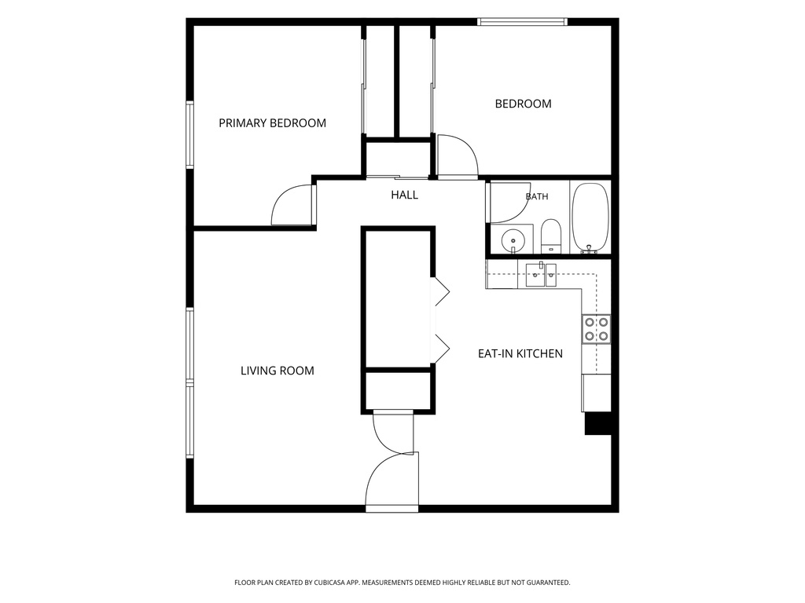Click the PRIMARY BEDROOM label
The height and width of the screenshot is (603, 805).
coord(272,123)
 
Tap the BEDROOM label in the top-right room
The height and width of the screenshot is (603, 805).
coord(523,104)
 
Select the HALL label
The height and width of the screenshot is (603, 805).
coord(405,195)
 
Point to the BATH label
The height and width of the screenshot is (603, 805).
coord(537,196)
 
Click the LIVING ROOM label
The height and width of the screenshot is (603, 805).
coord(278,371)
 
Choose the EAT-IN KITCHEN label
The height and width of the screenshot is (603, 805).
coord(520,354)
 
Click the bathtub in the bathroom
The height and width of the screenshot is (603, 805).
coord(590,218)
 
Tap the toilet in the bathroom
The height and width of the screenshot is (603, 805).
coord(551,236)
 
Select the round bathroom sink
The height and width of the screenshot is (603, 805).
coord(512,239)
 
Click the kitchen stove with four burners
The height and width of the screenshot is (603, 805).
coord(596,329)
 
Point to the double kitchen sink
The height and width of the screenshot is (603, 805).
coord(541,275)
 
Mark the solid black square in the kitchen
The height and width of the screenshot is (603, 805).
coord(598,423)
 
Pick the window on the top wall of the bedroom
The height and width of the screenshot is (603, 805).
coord(522,21)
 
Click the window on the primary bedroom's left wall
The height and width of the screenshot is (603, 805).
coord(189,134)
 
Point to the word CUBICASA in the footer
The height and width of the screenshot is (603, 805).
coord(338,583)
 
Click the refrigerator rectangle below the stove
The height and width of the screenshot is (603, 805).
coord(596,393)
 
